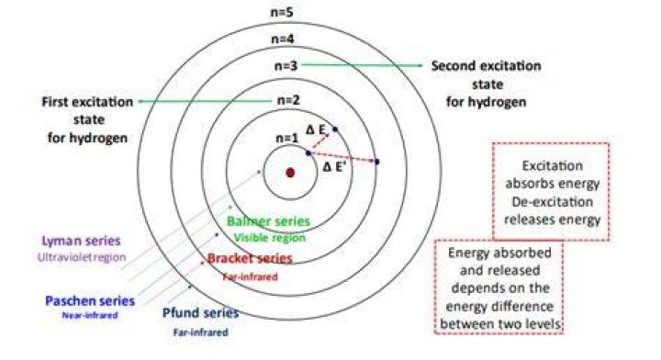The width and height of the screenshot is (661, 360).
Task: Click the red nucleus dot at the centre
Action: click(290, 173)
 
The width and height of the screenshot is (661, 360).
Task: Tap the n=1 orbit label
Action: click(287, 138)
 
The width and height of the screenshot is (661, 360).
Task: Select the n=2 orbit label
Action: click(288, 100)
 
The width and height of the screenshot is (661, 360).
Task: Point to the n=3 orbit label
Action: click(286, 66)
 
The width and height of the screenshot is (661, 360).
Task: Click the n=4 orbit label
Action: click(283, 39)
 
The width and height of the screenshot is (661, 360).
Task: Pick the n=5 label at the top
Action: click(282, 12)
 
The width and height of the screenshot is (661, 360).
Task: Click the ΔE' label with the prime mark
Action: click(334, 167)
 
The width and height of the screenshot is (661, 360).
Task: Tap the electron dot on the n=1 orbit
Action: click(308, 153)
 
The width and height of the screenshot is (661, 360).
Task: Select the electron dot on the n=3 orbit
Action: click(377, 162)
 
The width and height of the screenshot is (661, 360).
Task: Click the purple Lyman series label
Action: click(81, 241)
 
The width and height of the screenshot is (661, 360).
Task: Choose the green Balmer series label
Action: click(268, 221)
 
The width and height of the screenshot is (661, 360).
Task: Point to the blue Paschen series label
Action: click(90, 301)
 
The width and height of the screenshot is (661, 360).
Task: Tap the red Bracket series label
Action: click(250, 258)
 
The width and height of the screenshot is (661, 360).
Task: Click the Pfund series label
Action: click(201, 313)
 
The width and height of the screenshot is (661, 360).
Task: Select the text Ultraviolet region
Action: click(82, 257)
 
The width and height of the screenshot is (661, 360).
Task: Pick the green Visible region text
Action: click(270, 238)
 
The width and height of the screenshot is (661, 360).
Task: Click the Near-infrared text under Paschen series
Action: click(90, 315)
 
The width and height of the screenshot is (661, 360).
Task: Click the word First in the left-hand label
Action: click(56, 102)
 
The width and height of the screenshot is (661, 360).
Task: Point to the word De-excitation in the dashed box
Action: click(553, 202)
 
